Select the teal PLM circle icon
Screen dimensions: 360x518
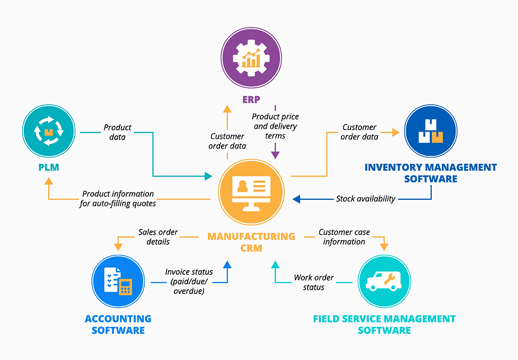tap(49, 131)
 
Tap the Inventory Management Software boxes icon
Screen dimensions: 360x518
tap(431, 131)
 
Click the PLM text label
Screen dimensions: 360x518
tap(49, 168)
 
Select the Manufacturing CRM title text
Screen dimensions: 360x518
tap(252, 242)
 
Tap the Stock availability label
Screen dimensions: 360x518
tap(366, 199)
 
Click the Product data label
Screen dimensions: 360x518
tap(117, 132)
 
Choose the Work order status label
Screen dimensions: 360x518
tap(314, 282)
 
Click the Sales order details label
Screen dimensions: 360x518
tap(158, 237)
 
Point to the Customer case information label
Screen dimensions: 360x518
tap(344, 237)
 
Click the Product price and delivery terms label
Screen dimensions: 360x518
tap(275, 126)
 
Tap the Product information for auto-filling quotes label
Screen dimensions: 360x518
tap(118, 199)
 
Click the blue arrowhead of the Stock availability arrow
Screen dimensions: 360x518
tap(297, 199)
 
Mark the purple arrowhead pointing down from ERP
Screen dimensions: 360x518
tap(275, 154)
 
